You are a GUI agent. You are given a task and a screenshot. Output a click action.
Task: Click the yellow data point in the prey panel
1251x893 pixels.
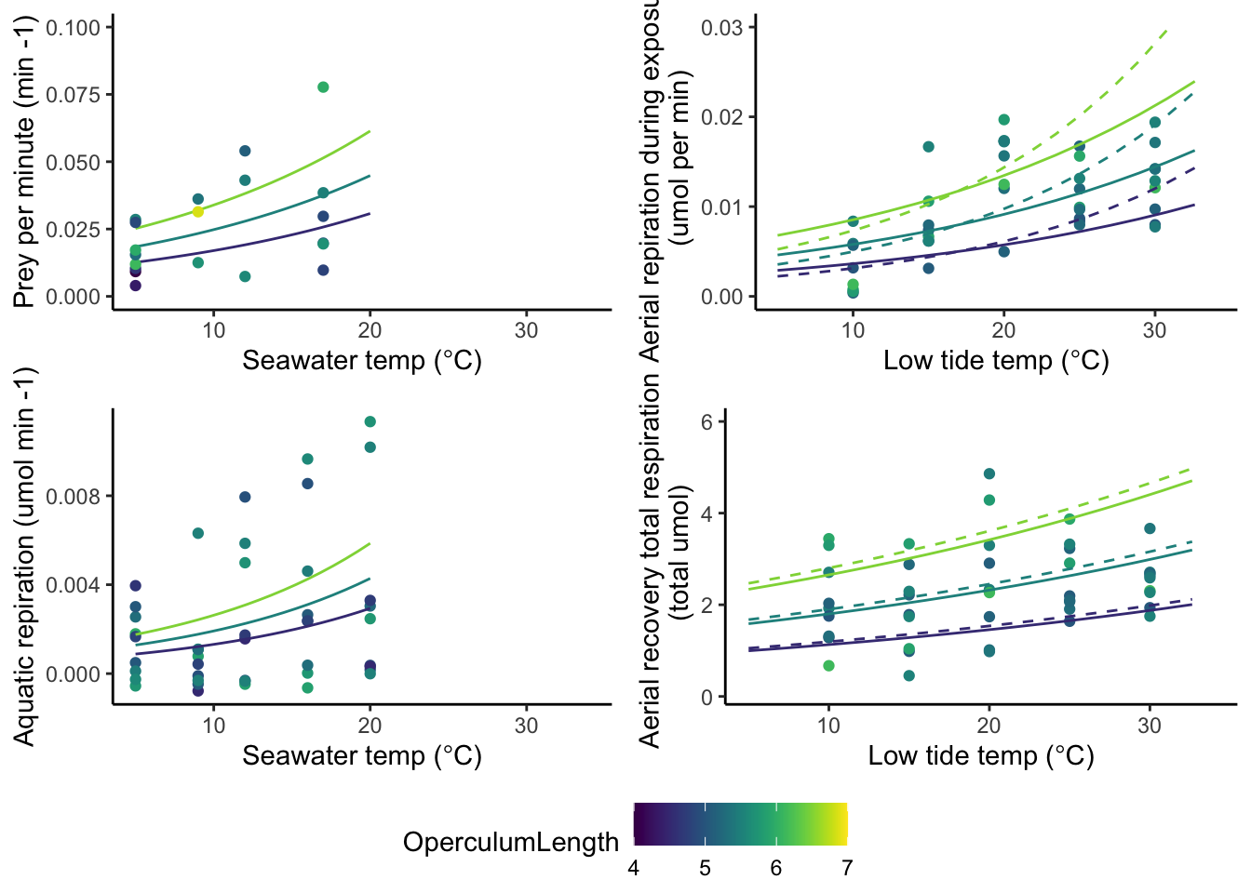click(x=198, y=211)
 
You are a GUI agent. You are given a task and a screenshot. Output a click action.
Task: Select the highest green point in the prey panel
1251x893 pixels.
click(x=323, y=87)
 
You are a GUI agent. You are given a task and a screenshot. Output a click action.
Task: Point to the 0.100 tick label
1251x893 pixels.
click(x=74, y=28)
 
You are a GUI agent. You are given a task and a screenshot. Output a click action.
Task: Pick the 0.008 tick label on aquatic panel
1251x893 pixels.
click(x=74, y=497)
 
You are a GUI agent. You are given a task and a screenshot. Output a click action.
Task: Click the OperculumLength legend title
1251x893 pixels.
click(x=510, y=843)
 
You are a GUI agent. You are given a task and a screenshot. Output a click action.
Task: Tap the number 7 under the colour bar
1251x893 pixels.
click(x=847, y=869)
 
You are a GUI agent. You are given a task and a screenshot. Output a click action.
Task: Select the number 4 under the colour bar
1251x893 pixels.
click(x=634, y=869)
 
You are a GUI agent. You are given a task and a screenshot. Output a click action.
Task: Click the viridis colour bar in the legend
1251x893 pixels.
click(x=740, y=822)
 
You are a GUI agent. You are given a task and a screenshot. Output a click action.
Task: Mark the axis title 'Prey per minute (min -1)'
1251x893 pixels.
click(x=24, y=162)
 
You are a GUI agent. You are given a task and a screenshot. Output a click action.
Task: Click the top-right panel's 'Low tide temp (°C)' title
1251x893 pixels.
click(x=996, y=361)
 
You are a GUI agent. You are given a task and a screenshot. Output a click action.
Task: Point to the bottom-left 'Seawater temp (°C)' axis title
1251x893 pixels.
click(x=362, y=755)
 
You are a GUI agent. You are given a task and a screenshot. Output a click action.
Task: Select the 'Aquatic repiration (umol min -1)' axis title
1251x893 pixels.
click(x=24, y=556)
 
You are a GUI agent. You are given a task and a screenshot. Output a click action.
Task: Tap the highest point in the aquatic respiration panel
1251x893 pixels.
click(x=370, y=422)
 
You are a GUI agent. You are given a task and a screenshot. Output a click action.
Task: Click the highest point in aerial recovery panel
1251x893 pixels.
click(x=989, y=474)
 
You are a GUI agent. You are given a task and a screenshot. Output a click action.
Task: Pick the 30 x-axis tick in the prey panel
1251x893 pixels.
click(x=526, y=331)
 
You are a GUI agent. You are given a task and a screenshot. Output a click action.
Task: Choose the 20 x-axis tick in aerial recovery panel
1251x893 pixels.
click(x=989, y=726)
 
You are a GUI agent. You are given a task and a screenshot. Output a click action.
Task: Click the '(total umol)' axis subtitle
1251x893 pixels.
click(x=681, y=553)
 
